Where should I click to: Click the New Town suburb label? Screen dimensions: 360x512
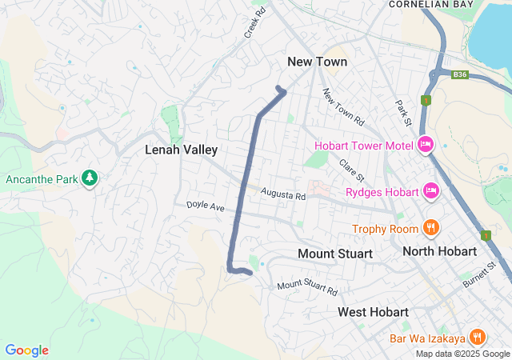(318, 62)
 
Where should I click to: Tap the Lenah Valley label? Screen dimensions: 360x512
(181, 150)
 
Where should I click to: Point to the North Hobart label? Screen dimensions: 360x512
(439, 251)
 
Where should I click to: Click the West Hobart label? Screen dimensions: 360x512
(373, 311)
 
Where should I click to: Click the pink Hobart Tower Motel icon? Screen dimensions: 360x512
(426, 145)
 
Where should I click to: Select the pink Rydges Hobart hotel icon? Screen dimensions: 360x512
(430, 191)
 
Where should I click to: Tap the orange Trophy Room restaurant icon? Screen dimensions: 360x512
(430, 228)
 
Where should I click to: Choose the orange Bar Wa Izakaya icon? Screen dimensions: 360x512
(478, 338)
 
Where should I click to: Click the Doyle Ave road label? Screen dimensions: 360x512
(206, 206)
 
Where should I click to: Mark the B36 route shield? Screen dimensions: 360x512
(458, 73)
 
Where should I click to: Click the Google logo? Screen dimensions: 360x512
(26, 350)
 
